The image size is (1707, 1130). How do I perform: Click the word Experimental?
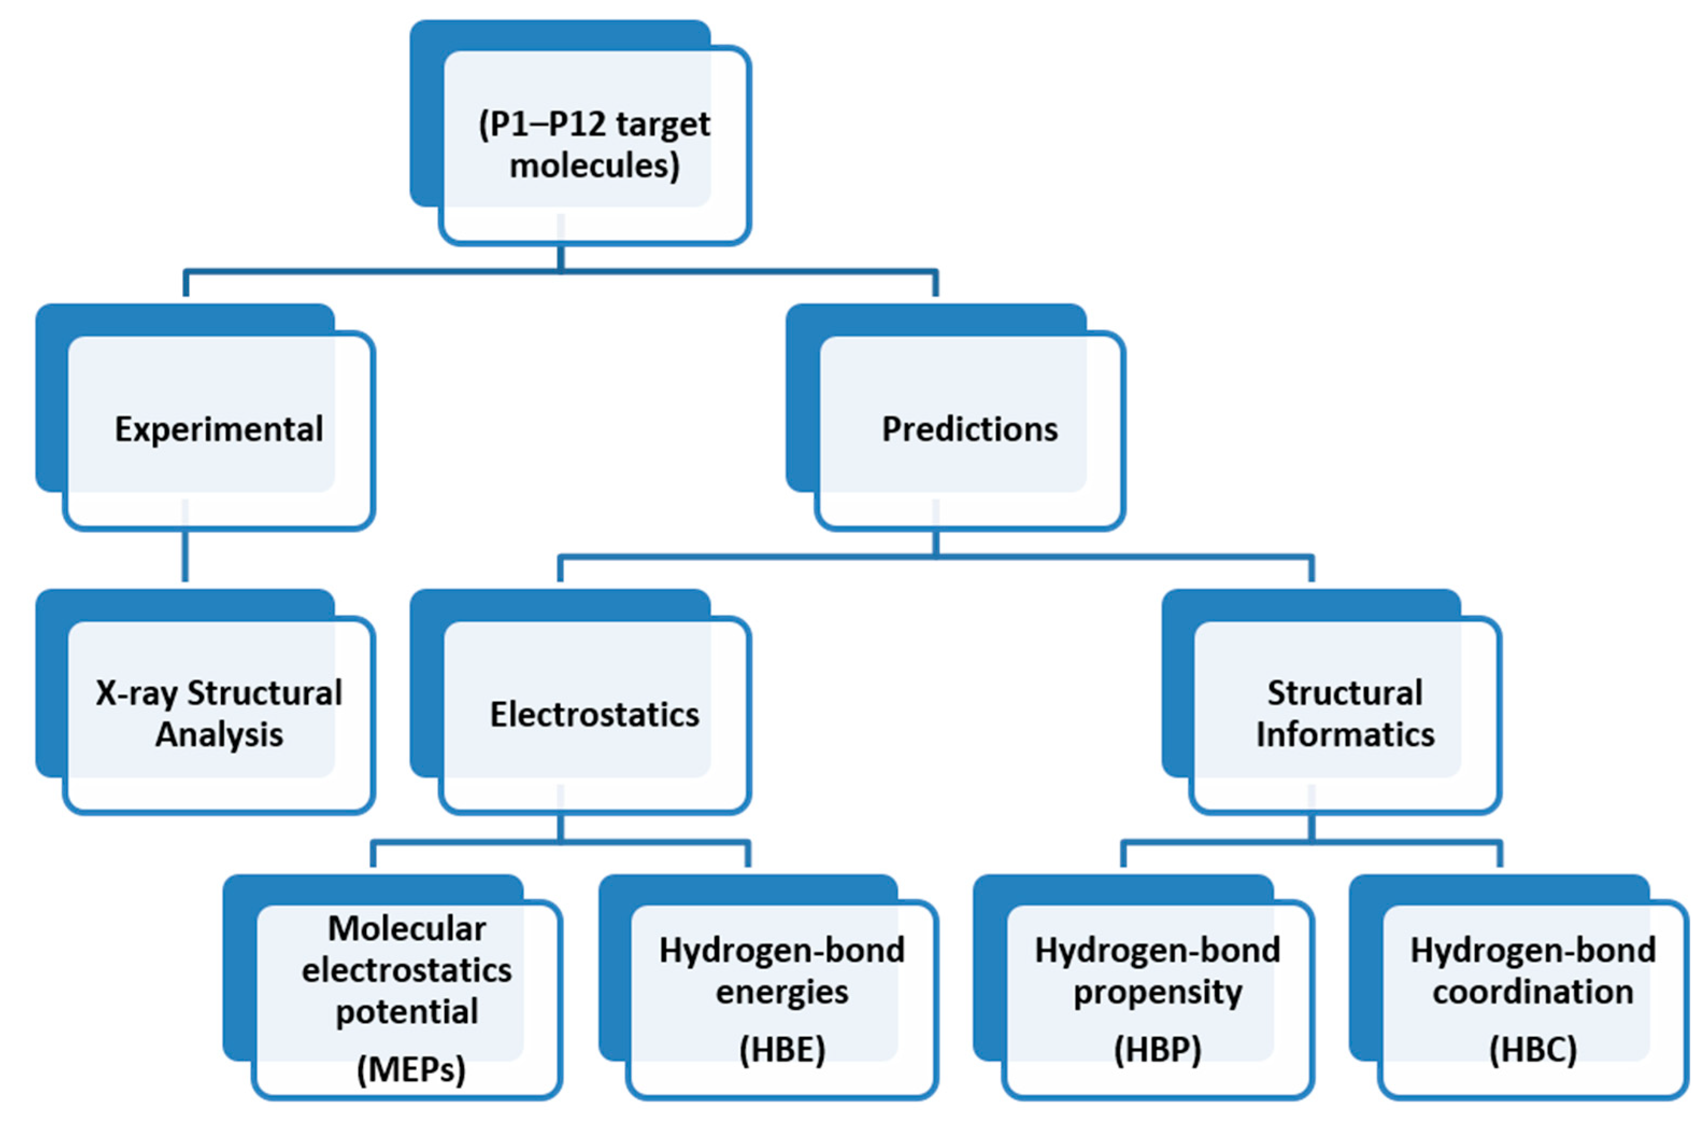pyautogui.click(x=218, y=430)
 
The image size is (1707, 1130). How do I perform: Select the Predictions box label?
pyautogui.click(x=969, y=430)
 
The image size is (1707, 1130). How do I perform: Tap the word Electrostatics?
pyautogui.click(x=594, y=715)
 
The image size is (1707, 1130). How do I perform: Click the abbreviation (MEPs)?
pyautogui.click(x=411, y=1069)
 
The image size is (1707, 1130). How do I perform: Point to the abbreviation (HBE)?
pyautogui.click(x=782, y=1049)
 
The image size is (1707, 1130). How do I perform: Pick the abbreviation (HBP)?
pyautogui.click(x=1158, y=1049)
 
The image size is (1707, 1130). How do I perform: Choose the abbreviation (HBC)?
pyautogui.click(x=1533, y=1049)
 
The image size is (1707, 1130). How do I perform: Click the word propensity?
pyautogui.click(x=1158, y=992)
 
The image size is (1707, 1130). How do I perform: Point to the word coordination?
pyautogui.click(x=1533, y=992)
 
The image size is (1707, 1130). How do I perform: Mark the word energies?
pyautogui.click(x=782, y=992)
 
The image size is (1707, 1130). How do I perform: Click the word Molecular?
pyautogui.click(x=407, y=928)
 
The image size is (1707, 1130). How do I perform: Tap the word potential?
pyautogui.click(x=407, y=1012)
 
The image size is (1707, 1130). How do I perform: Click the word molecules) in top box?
pyautogui.click(x=594, y=166)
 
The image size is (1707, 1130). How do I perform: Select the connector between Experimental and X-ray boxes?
pyautogui.click(x=185, y=555)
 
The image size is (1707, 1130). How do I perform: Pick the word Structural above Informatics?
pyautogui.click(x=1345, y=693)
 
